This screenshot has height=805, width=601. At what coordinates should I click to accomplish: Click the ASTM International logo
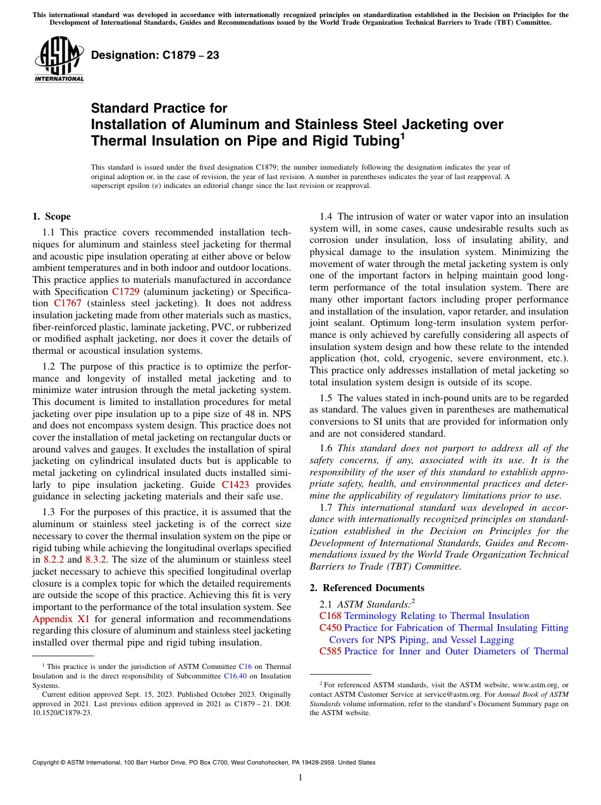click(59, 61)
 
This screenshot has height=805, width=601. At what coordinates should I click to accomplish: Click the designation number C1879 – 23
click(155, 55)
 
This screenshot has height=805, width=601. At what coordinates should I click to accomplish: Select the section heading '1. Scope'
click(51, 216)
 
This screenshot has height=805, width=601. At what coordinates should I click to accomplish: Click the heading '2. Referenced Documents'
click(366, 588)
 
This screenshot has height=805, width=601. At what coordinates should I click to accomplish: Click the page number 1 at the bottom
click(300, 778)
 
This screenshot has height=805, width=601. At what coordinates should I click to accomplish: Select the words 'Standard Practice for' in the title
click(159, 108)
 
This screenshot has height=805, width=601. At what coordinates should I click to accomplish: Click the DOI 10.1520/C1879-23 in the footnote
click(62, 712)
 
